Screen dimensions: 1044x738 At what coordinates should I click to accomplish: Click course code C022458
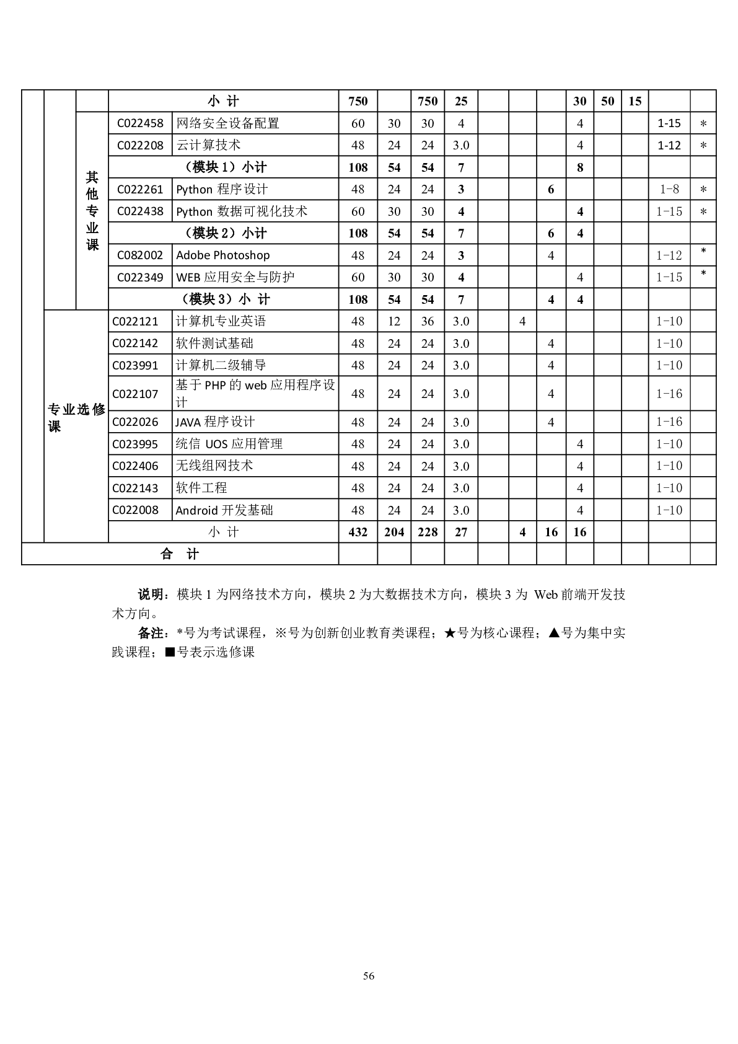pyautogui.click(x=140, y=123)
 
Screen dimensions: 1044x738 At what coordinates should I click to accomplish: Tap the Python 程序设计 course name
pyautogui.click(x=222, y=190)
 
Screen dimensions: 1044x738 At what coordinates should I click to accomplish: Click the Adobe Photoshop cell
pyautogui.click(x=223, y=255)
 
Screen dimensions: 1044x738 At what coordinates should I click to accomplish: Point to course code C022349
pyautogui.click(x=140, y=278)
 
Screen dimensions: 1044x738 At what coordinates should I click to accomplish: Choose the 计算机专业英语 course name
pyautogui.click(x=221, y=321)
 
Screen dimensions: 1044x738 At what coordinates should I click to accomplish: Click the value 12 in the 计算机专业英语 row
pyautogui.click(x=394, y=321)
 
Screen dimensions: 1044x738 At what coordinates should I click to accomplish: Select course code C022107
pyautogui.click(x=135, y=394)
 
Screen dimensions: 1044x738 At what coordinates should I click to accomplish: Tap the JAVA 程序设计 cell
pyautogui.click(x=215, y=422)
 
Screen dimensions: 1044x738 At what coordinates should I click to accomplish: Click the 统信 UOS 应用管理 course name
pyautogui.click(x=229, y=444)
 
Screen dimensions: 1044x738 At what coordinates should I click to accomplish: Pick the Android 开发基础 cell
pyautogui.click(x=224, y=510)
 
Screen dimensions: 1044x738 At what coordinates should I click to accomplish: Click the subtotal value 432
pyautogui.click(x=358, y=532)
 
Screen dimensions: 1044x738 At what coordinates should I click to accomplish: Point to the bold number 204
pyautogui.click(x=394, y=532)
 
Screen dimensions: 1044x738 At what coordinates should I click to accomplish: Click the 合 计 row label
pyautogui.click(x=180, y=554)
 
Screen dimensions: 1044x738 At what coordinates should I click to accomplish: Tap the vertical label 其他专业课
pyautogui.click(x=92, y=211)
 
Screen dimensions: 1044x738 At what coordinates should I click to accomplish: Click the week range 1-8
pyautogui.click(x=669, y=190)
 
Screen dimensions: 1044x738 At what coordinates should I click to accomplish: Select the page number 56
pyautogui.click(x=369, y=976)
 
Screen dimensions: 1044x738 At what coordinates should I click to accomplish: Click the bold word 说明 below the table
pyautogui.click(x=151, y=595)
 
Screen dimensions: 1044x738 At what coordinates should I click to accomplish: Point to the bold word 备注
pyautogui.click(x=151, y=634)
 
